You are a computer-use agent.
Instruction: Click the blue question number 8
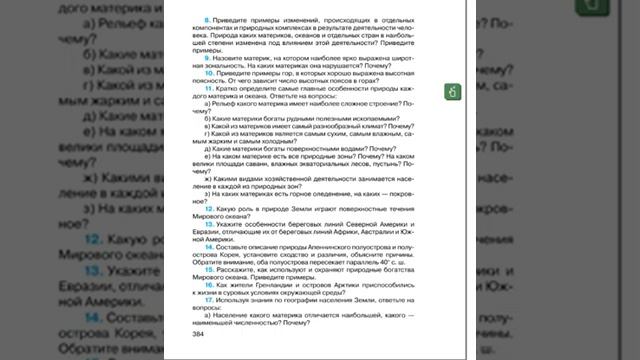[x=207, y=20]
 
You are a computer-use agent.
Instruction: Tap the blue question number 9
[x=207, y=60]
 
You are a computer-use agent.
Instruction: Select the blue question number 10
[x=208, y=74]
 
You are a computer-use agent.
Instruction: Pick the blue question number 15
[x=208, y=269]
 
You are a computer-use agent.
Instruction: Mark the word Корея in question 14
[x=237, y=255]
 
